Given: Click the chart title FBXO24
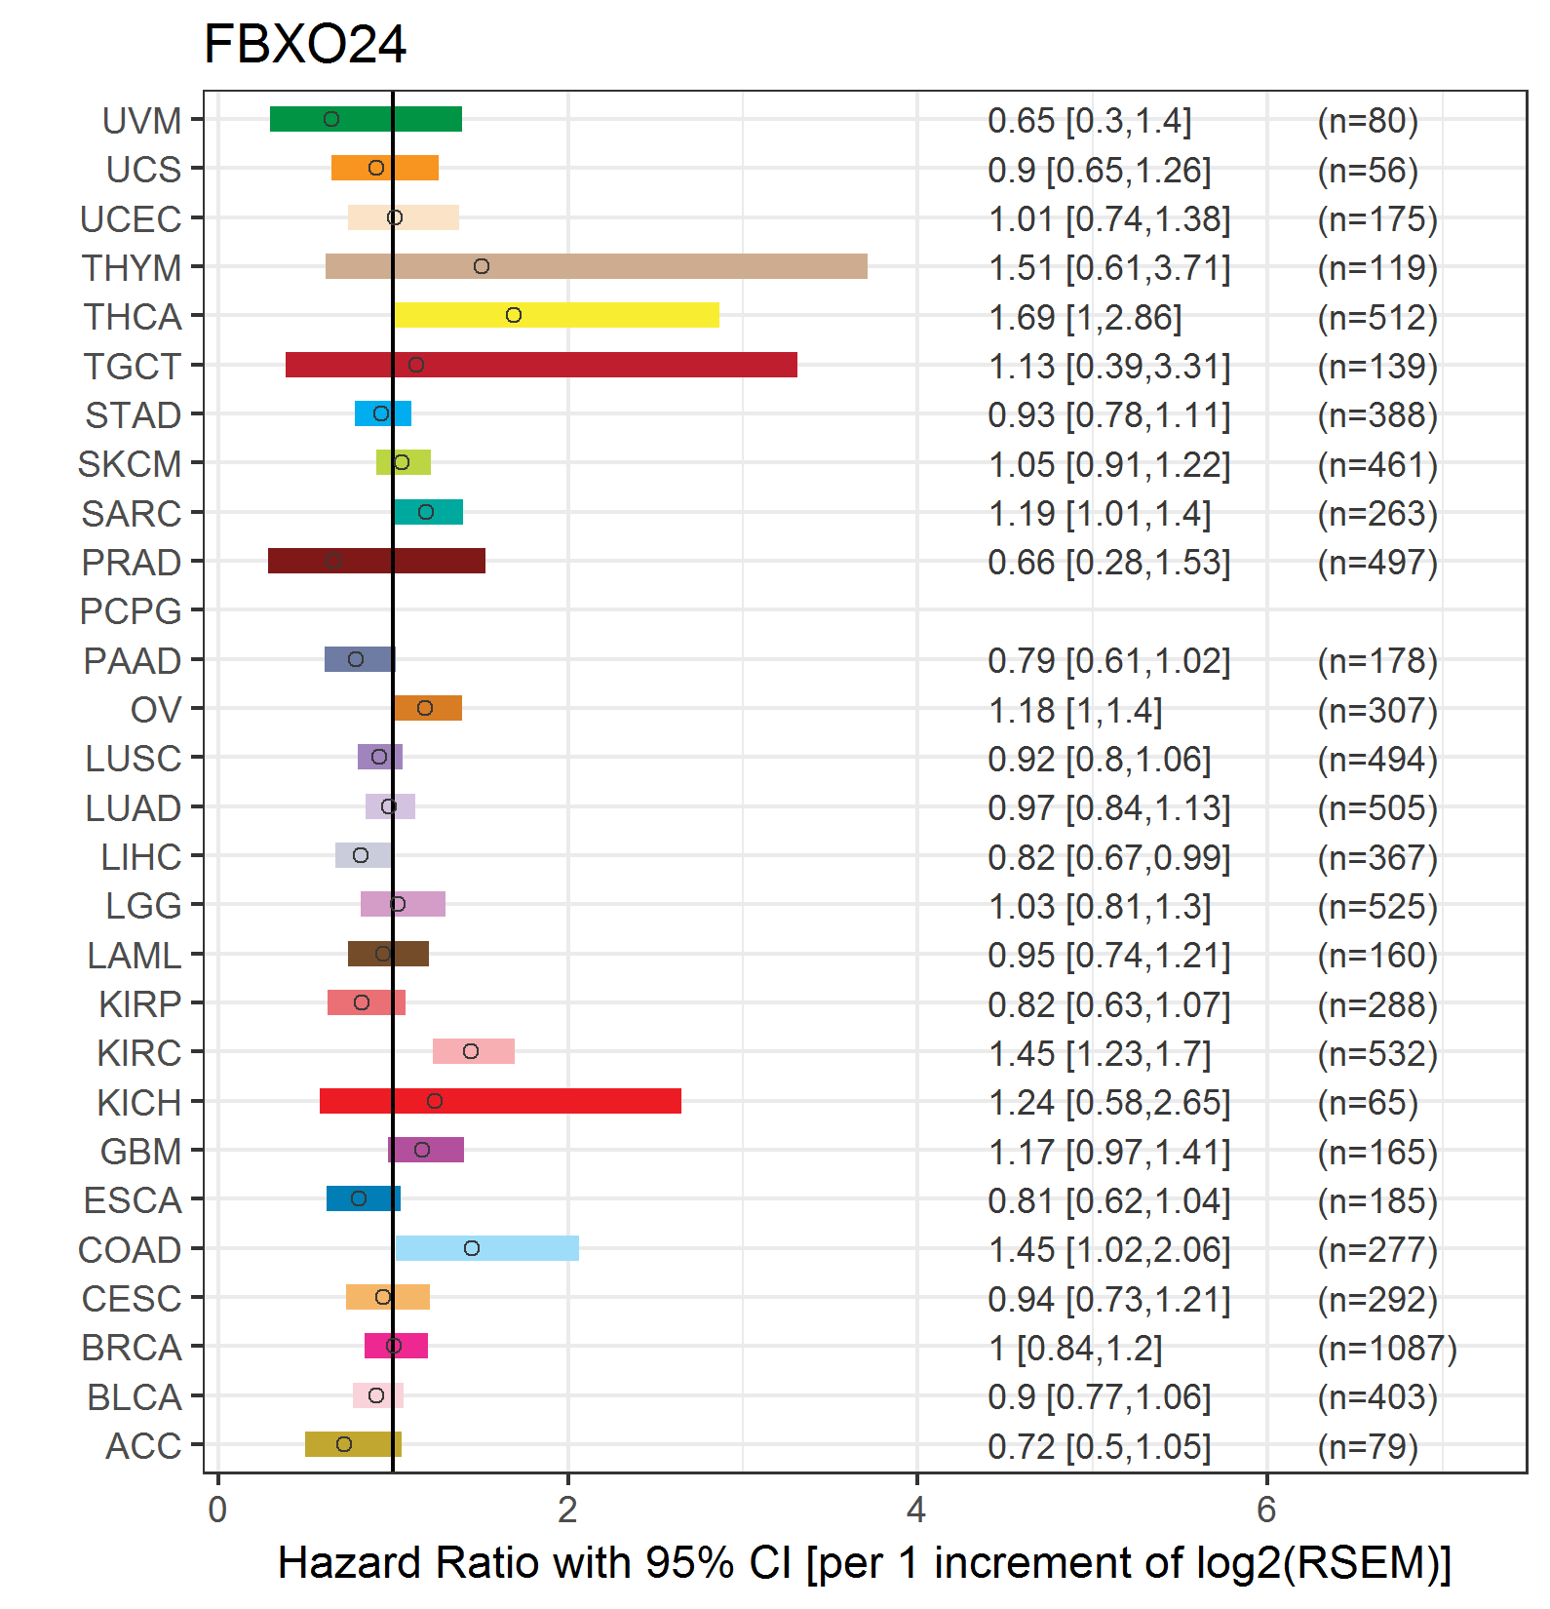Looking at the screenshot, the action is click(304, 45).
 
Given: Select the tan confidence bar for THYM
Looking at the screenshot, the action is click(597, 266).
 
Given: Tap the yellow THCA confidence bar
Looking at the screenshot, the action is click(557, 315).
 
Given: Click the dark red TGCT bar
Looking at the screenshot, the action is click(541, 365).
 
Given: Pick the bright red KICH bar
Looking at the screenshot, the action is click(500, 1101).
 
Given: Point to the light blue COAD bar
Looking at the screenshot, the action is click(487, 1248).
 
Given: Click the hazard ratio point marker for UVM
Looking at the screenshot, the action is click(331, 119).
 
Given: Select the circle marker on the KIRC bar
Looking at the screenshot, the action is click(471, 1051).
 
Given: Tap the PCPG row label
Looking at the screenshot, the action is click(131, 611).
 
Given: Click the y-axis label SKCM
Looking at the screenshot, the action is click(130, 464).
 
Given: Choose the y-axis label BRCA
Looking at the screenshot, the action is click(132, 1348).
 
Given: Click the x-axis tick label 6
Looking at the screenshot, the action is click(1266, 1510).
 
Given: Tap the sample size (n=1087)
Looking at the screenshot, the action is click(1387, 1348).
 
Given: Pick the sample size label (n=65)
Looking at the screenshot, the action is click(1368, 1103).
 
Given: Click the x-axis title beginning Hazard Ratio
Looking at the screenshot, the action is click(865, 1563).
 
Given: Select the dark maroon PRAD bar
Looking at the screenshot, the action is click(376, 561).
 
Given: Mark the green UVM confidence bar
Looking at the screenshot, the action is click(366, 119).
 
